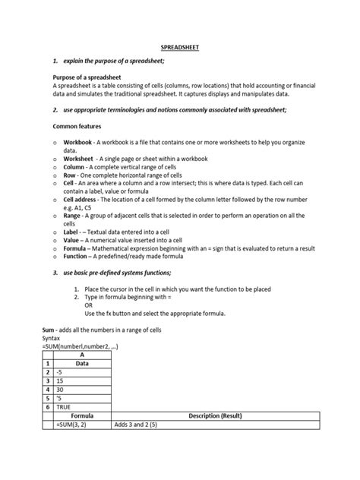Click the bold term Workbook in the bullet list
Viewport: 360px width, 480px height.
point(78,142)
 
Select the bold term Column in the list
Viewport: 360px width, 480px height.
point(75,166)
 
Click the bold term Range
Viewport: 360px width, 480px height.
point(74,214)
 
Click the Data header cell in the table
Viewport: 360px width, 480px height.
point(81,363)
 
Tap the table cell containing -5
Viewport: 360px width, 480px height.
point(81,373)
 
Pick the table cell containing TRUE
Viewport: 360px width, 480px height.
point(81,406)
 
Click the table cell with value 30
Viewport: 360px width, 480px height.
point(81,390)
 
